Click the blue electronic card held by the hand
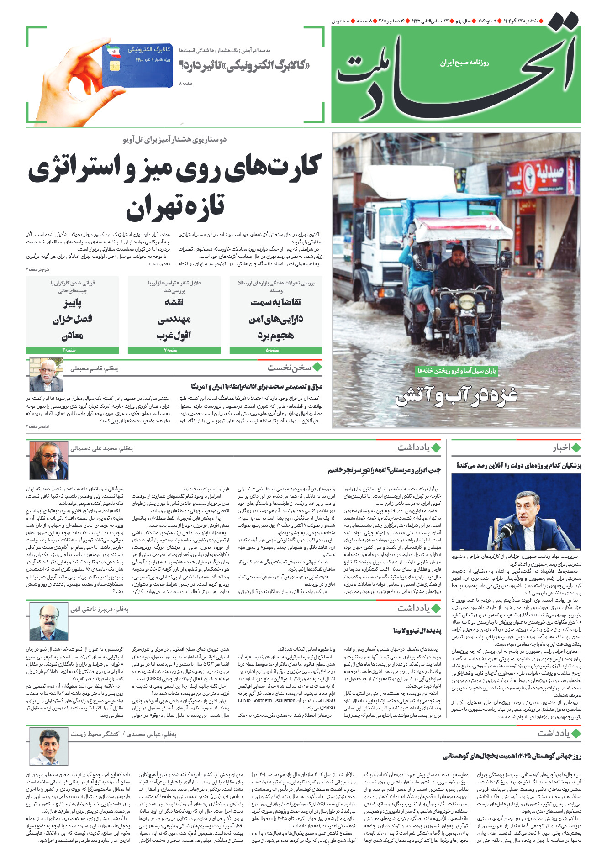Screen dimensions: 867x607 coord(138,64)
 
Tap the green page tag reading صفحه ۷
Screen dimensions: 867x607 coord(174,350)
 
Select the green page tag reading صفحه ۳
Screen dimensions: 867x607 coord(72,350)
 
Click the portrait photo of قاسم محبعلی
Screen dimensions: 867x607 coord(46,375)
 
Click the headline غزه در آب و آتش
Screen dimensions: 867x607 coord(456,396)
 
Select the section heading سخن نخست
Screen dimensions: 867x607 coord(289,367)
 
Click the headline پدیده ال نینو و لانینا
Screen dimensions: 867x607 coord(417,631)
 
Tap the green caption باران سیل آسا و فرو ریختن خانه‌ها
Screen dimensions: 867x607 coord(456,371)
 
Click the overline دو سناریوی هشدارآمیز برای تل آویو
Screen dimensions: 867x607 coord(174,139)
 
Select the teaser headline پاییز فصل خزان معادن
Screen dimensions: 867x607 coord(72,319)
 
